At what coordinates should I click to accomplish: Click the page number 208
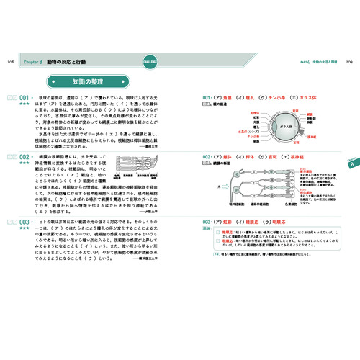[x=9, y=63]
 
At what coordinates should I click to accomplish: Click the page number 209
[x=349, y=63]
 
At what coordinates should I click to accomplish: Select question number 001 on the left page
[x=24, y=97]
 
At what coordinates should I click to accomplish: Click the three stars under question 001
[x=24, y=104]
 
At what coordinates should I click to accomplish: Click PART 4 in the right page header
[x=303, y=63]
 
